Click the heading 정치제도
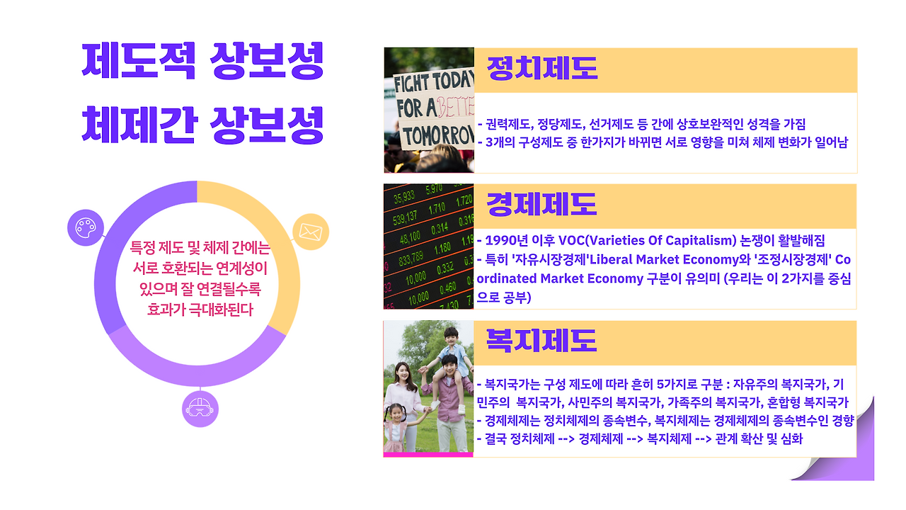(541, 69)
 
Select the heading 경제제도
(541, 205)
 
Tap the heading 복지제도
(541, 341)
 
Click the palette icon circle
(86, 227)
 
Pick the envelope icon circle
(311, 232)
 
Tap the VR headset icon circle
(200, 409)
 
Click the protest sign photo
(429, 110)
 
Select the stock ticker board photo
(429, 246)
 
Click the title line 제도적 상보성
(202, 61)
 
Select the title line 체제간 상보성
(202, 125)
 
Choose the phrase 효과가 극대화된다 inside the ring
(200, 310)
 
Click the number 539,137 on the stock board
(405, 218)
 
